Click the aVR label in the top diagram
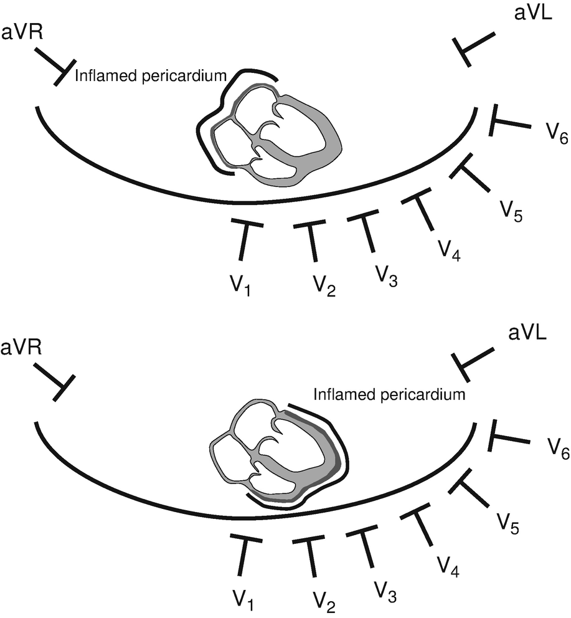[22, 33]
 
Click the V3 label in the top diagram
[386, 275]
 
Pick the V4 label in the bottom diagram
[448, 564]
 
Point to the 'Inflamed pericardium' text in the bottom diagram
[390, 394]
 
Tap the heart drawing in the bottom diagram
[277, 452]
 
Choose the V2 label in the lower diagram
[324, 602]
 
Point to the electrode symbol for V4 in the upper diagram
[421, 212]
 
